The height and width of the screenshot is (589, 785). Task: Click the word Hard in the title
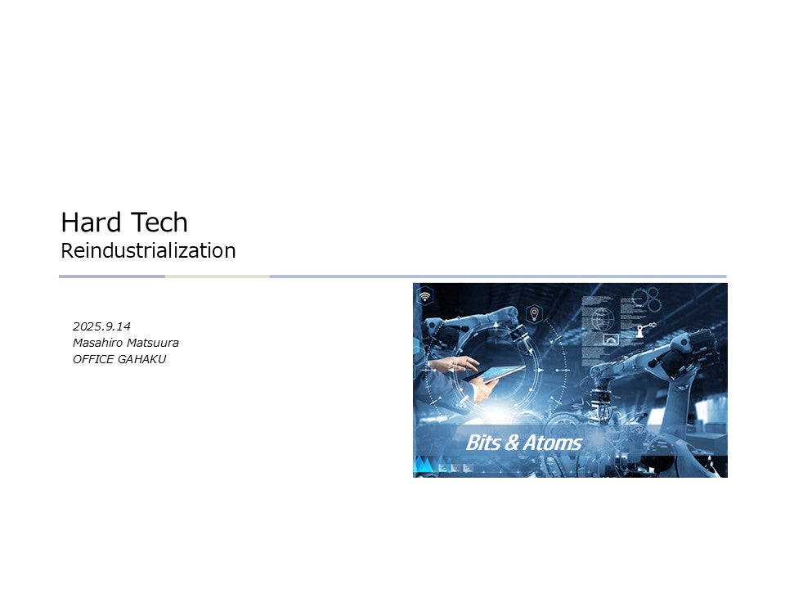click(87, 223)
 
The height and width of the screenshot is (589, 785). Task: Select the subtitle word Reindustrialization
click(148, 250)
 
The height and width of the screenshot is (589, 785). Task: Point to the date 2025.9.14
click(101, 327)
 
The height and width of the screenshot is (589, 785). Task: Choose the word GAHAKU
click(144, 358)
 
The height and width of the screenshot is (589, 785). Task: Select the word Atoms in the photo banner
click(552, 443)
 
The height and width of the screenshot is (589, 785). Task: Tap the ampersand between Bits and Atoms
click(512, 443)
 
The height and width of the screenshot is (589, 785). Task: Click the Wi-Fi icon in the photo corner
click(425, 296)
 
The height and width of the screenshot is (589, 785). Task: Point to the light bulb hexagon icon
click(534, 313)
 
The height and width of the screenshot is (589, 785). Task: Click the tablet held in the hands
click(497, 374)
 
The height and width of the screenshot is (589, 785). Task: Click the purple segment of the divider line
click(112, 277)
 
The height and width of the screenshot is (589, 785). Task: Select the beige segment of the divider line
click(218, 277)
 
